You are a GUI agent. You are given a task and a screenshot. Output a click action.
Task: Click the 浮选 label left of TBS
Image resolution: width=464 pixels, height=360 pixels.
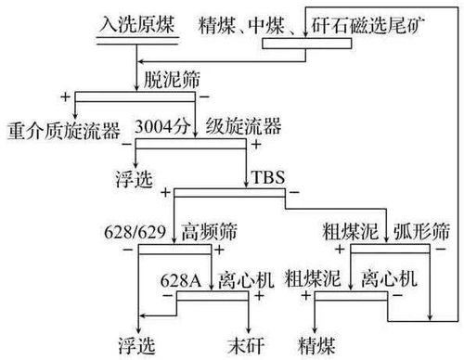136,176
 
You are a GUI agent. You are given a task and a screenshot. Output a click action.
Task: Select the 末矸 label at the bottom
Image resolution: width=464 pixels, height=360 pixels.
248,340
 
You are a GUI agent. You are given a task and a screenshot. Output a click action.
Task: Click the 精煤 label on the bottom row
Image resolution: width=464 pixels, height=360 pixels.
317,340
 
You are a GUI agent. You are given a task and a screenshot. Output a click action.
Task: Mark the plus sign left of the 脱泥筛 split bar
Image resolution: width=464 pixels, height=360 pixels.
64,96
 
